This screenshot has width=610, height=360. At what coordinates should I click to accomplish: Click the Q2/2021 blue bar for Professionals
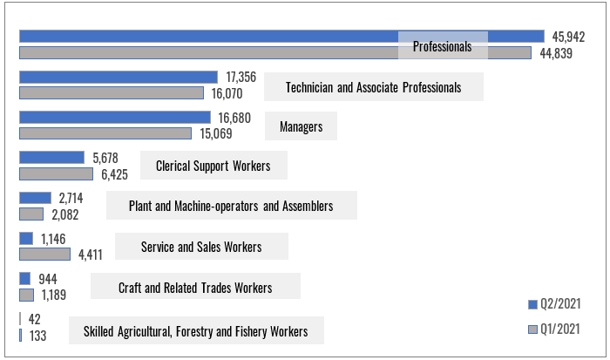[209, 36]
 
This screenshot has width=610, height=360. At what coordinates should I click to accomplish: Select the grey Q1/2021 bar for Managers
[105, 133]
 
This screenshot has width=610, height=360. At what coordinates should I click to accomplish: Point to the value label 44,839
[557, 53]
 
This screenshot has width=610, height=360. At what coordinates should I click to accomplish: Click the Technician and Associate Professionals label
[374, 87]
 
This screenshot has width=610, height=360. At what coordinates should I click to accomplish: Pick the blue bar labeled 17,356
[119, 77]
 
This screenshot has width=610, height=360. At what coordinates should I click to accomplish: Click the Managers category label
[302, 126]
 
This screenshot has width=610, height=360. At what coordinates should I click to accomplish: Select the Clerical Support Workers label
[213, 166]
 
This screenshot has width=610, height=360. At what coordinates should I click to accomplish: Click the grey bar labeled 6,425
[56, 173]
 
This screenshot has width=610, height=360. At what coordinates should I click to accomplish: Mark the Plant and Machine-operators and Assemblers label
[231, 206]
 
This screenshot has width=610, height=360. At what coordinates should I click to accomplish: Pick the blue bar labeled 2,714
[35, 198]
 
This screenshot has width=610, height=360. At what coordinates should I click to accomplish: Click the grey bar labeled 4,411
[44, 255]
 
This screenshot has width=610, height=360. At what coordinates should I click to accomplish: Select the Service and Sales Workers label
[201, 247]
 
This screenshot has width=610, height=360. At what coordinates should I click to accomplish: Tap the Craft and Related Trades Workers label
[207, 288]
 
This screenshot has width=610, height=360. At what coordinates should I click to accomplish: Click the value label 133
[38, 336]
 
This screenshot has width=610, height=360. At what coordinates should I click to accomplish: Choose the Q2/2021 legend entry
[555, 304]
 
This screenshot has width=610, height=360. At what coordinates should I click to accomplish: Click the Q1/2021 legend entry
[555, 329]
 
